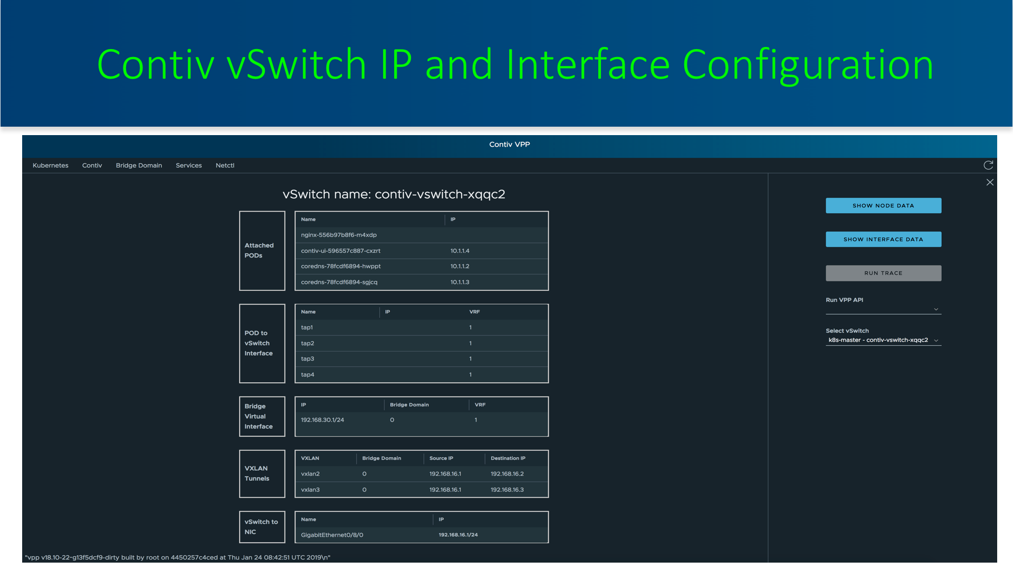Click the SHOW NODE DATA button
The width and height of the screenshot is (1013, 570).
[x=883, y=206]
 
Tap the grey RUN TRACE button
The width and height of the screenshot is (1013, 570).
[x=883, y=273]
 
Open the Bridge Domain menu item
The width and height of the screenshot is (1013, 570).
[x=139, y=166]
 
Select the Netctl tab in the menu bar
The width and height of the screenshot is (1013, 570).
[x=225, y=166]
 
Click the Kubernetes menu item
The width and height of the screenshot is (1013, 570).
[x=51, y=166]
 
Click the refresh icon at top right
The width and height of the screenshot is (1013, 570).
[x=988, y=165]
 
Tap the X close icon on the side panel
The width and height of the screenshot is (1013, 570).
[x=990, y=182]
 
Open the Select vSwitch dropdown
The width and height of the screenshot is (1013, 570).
[x=883, y=340]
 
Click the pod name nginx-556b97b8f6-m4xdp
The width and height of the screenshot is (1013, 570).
[x=339, y=235]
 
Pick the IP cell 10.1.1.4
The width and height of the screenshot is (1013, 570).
[x=460, y=251]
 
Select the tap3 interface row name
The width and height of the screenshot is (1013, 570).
[x=308, y=359]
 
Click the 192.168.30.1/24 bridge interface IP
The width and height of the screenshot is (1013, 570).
[x=322, y=420]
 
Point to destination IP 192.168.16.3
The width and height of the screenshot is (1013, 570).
[x=507, y=490]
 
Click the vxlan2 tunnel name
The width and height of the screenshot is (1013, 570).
[x=310, y=474]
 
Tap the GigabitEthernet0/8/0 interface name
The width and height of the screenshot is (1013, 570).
[x=332, y=535]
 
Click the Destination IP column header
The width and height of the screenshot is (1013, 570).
[x=508, y=458]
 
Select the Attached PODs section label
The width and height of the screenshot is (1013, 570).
[x=259, y=251]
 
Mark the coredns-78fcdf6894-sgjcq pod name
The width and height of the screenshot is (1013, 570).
[x=339, y=282]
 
